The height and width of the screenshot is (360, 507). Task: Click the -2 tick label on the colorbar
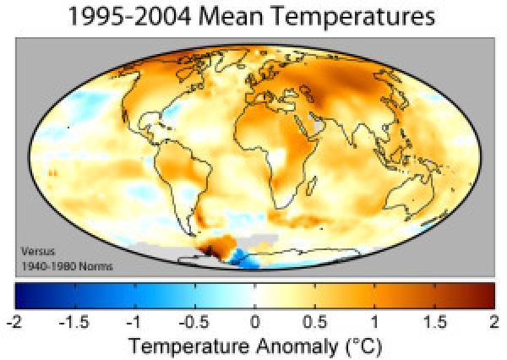click(x=14, y=321)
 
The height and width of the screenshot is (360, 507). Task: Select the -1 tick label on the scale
click(x=133, y=321)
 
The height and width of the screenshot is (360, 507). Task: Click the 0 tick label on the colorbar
click(x=253, y=321)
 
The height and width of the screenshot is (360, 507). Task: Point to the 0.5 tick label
click(x=313, y=321)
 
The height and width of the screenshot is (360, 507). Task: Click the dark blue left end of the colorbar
click(x=20, y=295)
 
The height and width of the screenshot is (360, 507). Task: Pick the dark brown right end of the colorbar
click(x=487, y=295)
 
